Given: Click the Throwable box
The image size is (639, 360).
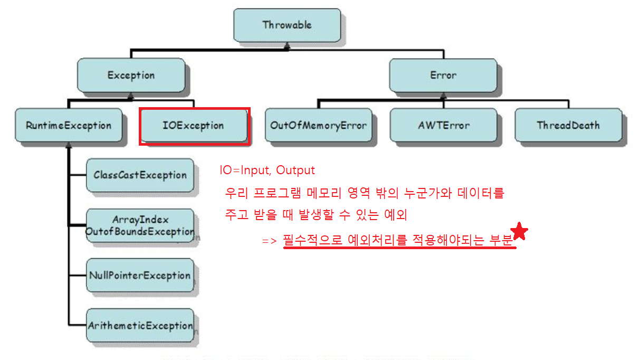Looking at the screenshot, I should (287, 25).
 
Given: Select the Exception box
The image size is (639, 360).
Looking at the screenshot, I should (131, 75).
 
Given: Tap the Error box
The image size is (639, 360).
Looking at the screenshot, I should (443, 75).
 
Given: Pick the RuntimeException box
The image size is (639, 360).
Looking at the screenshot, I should (69, 126).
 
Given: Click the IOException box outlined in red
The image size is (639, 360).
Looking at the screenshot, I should (193, 126).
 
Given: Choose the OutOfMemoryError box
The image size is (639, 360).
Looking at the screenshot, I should (318, 126).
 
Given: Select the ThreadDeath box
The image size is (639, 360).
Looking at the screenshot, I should (568, 126).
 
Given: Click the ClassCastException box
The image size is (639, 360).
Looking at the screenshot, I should (139, 175).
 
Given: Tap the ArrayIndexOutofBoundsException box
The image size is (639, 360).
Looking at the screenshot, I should (139, 225).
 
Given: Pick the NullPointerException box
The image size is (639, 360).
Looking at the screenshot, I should (139, 276).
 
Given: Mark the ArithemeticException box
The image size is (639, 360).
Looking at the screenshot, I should (139, 326).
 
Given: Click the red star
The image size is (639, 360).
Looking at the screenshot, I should (520, 231).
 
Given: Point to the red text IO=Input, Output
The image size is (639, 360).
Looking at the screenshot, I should (267, 170).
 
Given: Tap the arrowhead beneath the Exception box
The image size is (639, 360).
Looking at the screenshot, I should (131, 97).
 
